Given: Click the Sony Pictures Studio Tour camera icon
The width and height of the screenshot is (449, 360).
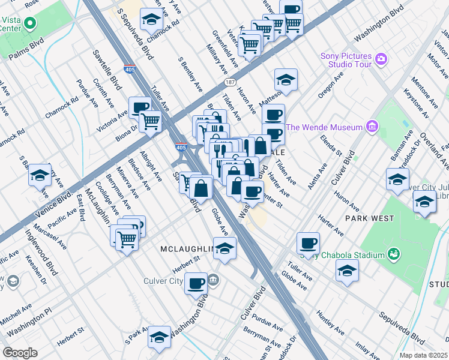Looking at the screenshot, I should coord(381,59).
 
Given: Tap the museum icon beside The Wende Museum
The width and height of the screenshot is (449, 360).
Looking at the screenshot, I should coord(372,127).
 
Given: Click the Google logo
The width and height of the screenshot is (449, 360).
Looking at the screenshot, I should coord(20,353).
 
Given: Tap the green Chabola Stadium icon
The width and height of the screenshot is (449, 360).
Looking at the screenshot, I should coord(393,255).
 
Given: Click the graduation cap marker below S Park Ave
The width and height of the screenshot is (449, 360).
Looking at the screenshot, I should coord(159,337).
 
